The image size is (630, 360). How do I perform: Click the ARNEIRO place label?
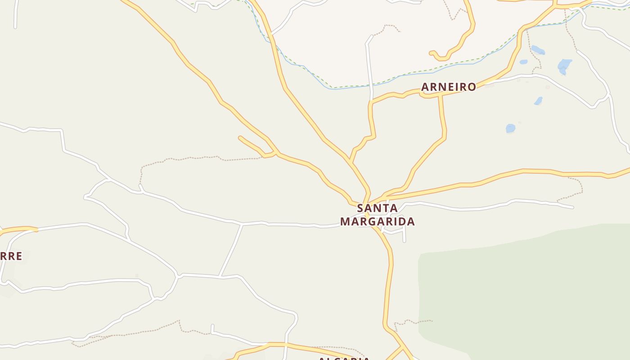click(449, 87)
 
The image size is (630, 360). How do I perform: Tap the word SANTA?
click(377, 208)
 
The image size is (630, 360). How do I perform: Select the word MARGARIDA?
click(377, 221)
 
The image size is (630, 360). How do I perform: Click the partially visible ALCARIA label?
click(344, 359)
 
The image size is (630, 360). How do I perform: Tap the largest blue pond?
click(564, 66)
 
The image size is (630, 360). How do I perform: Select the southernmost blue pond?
click(510, 129)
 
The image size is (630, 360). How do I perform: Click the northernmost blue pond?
click(538, 49)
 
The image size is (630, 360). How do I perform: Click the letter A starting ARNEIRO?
click(425, 87)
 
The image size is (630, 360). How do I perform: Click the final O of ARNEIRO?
click(472, 87)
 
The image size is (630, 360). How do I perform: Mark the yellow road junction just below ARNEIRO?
click(440, 95)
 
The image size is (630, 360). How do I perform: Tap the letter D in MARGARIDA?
click(403, 221)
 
